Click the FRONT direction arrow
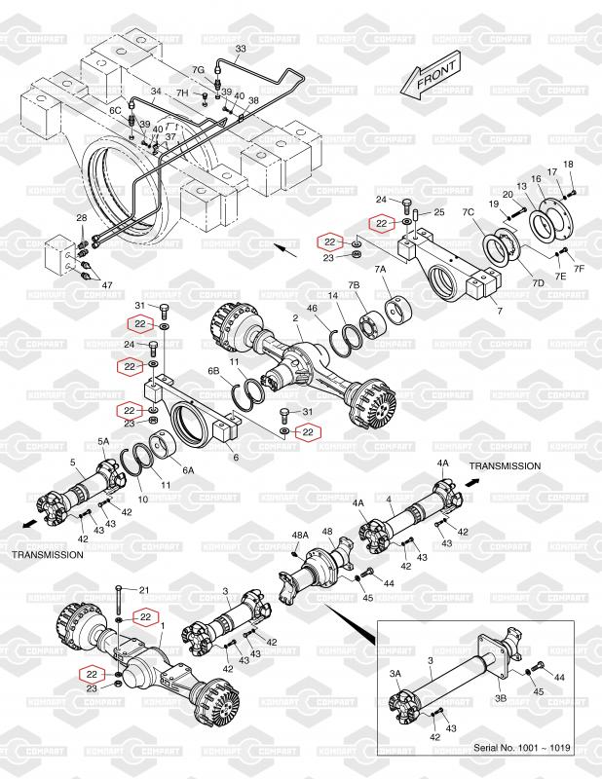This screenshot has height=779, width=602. [x=431, y=76]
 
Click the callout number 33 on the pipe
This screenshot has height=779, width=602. [x=241, y=49]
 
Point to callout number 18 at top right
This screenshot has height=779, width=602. [x=568, y=164]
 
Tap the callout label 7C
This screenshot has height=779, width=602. [x=469, y=212]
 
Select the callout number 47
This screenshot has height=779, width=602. [x=107, y=285]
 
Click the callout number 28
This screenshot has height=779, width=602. [x=82, y=218]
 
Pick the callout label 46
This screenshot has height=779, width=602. [x=312, y=309]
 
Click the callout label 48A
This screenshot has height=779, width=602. [x=300, y=535]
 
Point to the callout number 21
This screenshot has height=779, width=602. [x=144, y=590]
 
